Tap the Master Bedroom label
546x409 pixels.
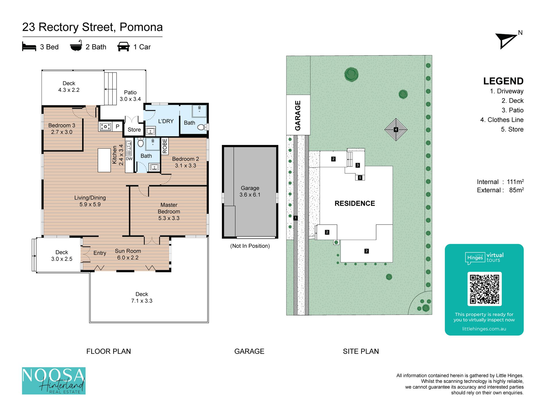click(169, 208)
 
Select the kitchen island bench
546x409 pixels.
click(104, 160)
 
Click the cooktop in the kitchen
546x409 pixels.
click(105, 126)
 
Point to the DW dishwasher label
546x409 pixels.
click(129, 159)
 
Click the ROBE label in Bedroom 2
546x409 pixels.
click(165, 146)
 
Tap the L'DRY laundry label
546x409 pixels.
click(166, 121)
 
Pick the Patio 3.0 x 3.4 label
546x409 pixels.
click(130, 96)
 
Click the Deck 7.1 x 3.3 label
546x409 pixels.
click(142, 297)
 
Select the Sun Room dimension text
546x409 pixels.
click(128, 258)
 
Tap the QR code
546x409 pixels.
click(484, 289)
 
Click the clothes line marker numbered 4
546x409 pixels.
click(396, 130)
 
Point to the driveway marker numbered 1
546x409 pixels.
click(295, 218)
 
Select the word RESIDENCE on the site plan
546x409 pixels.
click(355, 203)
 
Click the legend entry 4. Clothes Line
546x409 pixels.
click(502, 120)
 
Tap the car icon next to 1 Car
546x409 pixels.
click(124, 46)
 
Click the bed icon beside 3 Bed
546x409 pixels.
click(29, 46)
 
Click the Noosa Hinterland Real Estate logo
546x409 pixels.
click(54, 381)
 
